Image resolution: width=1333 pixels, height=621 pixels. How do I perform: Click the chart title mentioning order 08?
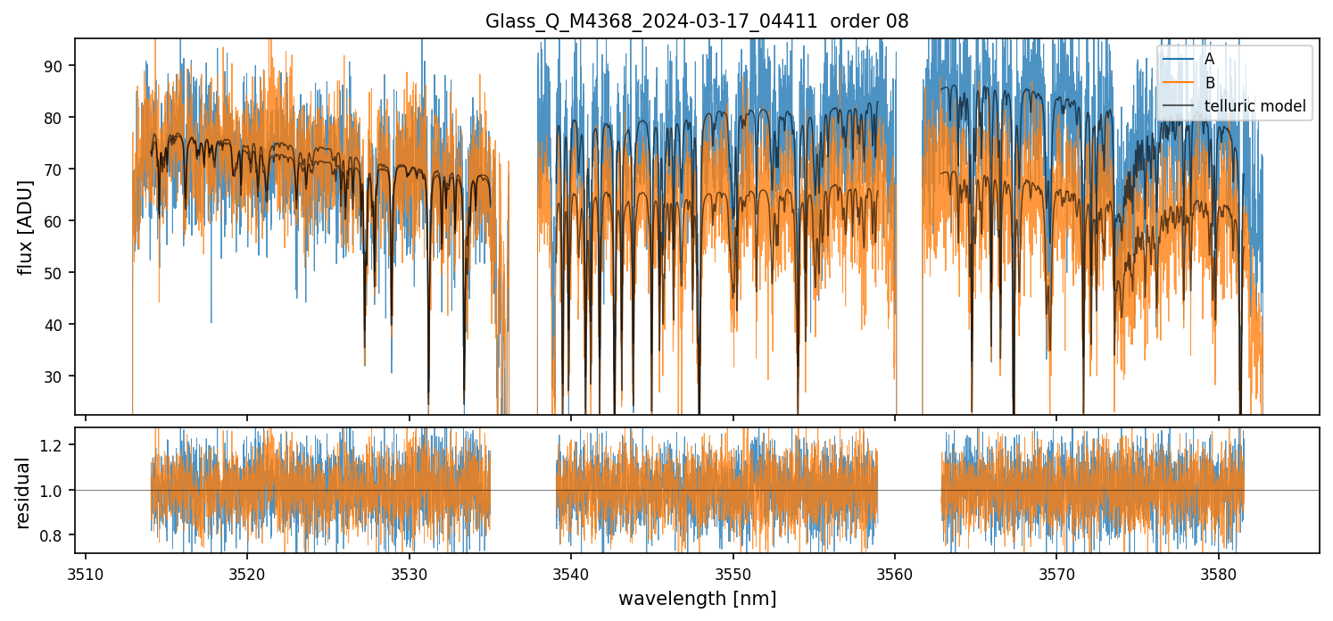[x=697, y=21]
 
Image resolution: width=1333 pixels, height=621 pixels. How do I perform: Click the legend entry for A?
[x=1209, y=59]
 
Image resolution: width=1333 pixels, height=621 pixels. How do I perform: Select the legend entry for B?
[x=1209, y=83]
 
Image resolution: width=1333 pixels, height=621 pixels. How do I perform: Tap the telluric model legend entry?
[x=1254, y=107]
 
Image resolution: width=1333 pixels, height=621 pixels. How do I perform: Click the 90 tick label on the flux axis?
[x=58, y=66]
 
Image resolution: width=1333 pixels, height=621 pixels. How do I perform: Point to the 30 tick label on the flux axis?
[x=58, y=377]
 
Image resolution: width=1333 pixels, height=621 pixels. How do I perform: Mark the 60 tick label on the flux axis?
[x=58, y=221]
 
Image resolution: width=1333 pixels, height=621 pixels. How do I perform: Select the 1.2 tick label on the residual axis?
[x=55, y=445]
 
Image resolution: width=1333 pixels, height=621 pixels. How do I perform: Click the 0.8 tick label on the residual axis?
[x=55, y=535]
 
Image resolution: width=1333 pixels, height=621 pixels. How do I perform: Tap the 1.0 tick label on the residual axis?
[x=55, y=491]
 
